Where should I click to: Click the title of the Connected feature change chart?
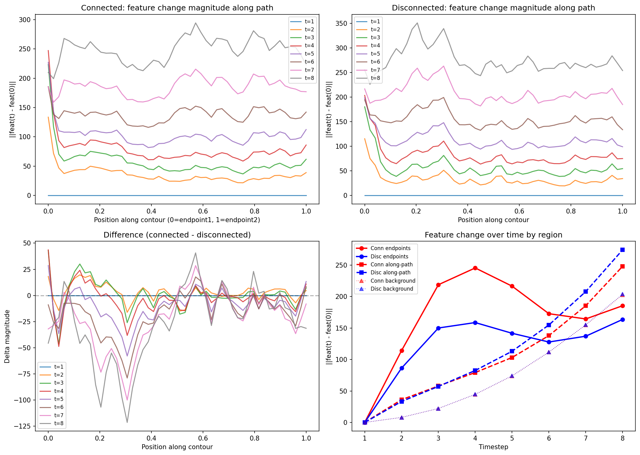coord(177,8)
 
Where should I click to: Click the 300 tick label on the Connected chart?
coord(25,20)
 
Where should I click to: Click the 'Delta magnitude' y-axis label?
coord(7,336)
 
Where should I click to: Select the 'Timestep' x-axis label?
coord(493,447)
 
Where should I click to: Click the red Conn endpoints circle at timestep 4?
coord(475,268)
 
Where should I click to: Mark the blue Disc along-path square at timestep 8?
coord(622,250)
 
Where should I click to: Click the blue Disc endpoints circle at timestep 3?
coord(438,328)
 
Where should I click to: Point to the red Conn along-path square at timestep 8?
coord(622,266)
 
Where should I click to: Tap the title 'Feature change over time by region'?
coord(493,235)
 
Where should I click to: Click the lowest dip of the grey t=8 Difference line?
coord(127,422)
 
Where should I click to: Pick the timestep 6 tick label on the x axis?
coord(549,438)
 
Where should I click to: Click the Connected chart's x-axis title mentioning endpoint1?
coord(177,220)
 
